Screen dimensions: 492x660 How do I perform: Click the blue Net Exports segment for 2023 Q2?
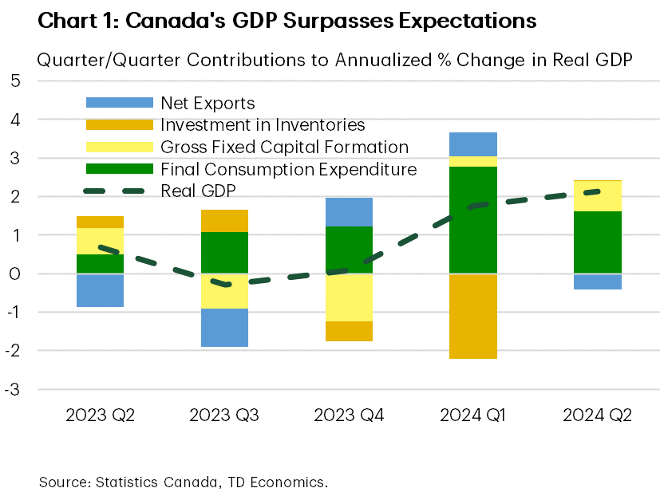100,290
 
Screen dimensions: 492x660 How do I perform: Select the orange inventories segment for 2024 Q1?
473,317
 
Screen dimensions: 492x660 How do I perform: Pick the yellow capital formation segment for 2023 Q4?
349,297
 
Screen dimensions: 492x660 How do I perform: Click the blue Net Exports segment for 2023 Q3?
224,328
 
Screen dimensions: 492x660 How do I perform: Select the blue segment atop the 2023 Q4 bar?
349,212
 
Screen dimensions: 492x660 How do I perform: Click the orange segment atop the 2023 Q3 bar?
224,221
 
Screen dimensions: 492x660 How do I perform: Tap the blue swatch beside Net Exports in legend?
119,103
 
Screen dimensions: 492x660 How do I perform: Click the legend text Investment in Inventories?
263,125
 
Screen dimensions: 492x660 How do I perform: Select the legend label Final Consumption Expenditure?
288,169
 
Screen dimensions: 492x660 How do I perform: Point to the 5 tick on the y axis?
15,81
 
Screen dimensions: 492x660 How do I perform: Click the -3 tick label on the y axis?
13,390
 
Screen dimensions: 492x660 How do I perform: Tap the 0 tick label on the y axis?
15,274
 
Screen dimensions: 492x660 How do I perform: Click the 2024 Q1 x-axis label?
473,415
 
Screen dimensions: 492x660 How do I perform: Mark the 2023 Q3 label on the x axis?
224,415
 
